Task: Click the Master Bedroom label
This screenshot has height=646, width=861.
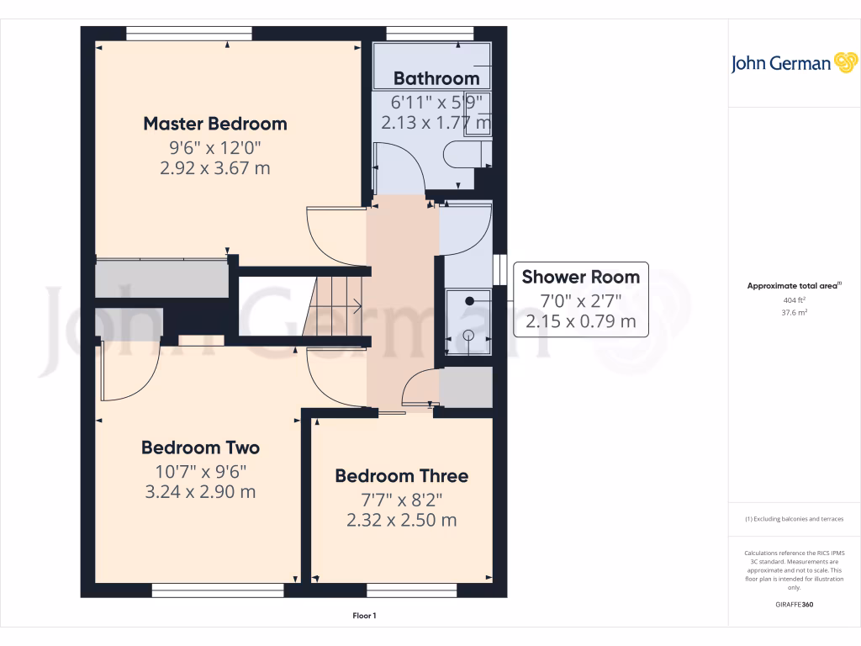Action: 214,124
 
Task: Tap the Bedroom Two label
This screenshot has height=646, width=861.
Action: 200,447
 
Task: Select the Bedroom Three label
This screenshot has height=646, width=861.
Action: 401,476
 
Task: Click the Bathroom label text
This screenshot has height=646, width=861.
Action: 436,78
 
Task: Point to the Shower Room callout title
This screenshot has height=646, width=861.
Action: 580,277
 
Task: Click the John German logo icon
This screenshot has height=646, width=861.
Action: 844,62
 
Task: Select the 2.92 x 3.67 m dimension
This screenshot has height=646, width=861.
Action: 214,168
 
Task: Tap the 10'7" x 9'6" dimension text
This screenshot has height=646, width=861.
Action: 200,471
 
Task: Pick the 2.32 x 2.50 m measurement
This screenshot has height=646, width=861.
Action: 401,520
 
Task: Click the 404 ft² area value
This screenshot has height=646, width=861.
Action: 794,299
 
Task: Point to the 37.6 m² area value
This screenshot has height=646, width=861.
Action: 794,312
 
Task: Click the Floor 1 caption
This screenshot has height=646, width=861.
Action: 364,617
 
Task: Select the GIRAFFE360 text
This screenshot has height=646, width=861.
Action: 794,605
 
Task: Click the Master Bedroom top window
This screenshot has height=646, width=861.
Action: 189,34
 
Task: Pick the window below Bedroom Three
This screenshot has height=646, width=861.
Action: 412,590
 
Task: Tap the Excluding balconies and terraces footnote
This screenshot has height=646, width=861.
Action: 794,519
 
